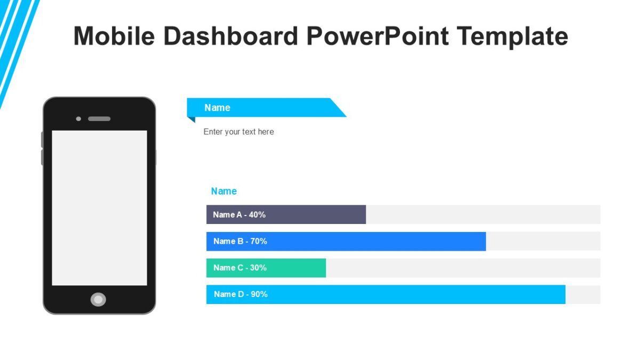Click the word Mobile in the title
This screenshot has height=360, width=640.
(x=114, y=36)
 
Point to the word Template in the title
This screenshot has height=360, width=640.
(x=512, y=36)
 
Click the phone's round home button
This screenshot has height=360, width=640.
(x=98, y=300)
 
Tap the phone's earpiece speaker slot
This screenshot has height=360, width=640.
(x=99, y=118)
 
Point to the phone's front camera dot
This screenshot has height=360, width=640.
(x=78, y=118)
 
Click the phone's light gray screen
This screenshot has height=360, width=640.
(x=99, y=208)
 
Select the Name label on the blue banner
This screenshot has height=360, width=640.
(x=217, y=108)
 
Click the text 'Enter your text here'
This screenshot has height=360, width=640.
(x=238, y=132)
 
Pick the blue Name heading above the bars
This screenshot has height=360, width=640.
(x=223, y=191)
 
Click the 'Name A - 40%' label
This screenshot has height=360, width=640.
(x=239, y=214)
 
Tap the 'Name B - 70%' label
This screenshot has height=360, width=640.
(x=240, y=241)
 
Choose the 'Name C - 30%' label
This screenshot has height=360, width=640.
(x=239, y=268)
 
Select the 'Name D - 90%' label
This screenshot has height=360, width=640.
(x=241, y=294)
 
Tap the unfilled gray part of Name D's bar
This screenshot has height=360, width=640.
(x=583, y=294)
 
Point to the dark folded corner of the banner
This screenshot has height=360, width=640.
(x=190, y=119)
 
